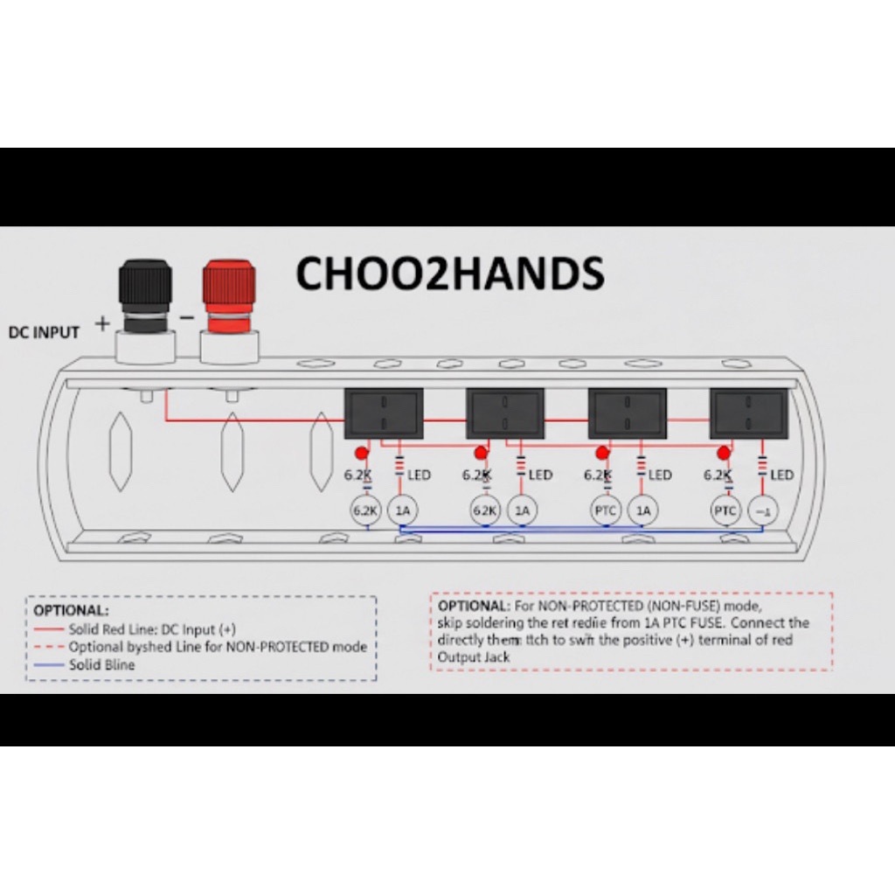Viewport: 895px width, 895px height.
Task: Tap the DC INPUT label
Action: [x=44, y=332]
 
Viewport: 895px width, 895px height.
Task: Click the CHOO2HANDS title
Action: [x=450, y=274]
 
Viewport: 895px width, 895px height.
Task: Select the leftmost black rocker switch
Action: [x=384, y=413]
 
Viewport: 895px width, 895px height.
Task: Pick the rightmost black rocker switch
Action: [x=749, y=413]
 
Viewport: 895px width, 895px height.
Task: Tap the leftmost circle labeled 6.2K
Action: [x=365, y=511]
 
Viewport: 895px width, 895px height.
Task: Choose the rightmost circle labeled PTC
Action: [x=725, y=511]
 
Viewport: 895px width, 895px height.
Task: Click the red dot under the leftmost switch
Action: [x=360, y=453]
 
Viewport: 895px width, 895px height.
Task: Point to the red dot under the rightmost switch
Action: [x=724, y=453]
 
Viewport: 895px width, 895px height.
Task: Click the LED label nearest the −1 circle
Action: [x=781, y=475]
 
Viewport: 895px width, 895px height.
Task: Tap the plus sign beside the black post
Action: [x=103, y=324]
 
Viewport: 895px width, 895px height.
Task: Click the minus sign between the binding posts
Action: [x=187, y=318]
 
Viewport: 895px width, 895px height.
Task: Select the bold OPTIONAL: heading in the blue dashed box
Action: [x=72, y=609]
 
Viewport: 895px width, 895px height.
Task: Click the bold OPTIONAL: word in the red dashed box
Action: [x=473, y=606]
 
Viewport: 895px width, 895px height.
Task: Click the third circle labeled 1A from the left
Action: [x=644, y=511]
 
